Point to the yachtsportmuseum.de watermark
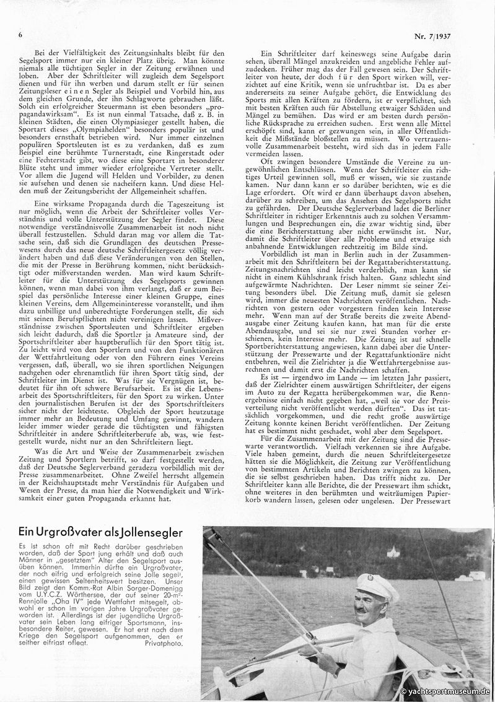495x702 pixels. (x=445, y=691)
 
